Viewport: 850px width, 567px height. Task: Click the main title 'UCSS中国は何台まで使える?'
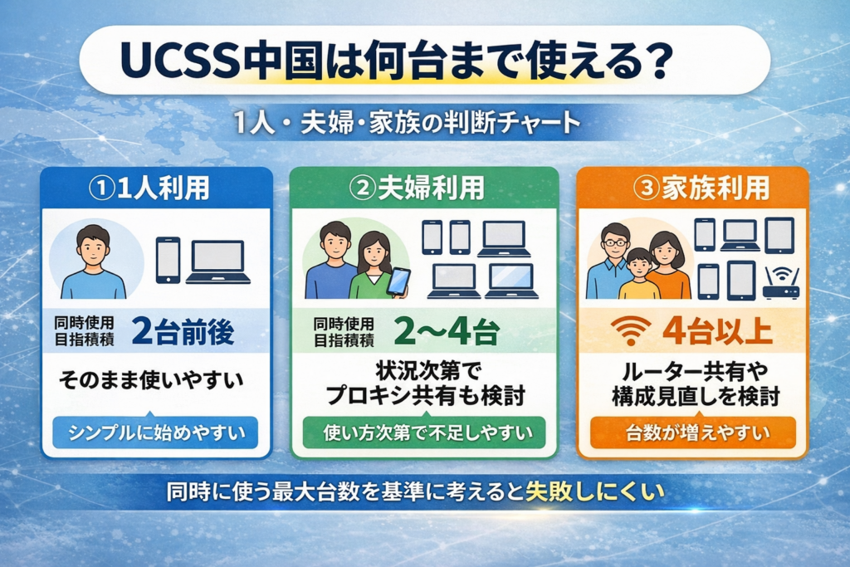(x=395, y=61)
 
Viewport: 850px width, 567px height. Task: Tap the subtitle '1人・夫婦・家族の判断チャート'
(x=406, y=125)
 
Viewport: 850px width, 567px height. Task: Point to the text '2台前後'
(x=183, y=332)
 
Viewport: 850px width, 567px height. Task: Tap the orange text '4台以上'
(x=717, y=332)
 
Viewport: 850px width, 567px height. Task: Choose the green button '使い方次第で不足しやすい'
(x=424, y=433)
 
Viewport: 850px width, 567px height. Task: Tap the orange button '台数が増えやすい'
(x=691, y=433)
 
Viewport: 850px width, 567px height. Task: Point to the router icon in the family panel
(x=780, y=284)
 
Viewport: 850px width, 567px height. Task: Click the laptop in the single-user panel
(x=217, y=262)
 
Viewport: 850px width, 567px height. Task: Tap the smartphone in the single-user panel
(x=168, y=260)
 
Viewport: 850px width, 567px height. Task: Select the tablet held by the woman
(x=398, y=281)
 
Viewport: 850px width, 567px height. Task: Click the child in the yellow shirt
(x=639, y=275)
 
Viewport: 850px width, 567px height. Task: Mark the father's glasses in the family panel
(x=615, y=242)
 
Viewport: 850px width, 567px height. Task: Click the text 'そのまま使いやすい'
(x=151, y=383)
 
